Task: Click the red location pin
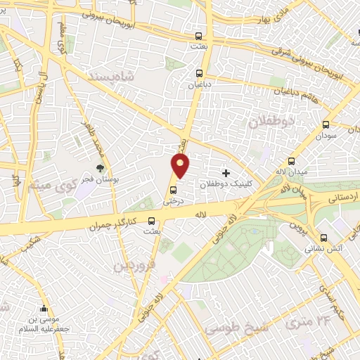point(181,165)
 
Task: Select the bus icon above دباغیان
point(199,72)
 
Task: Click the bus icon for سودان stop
point(325,124)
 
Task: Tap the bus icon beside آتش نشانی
point(323,238)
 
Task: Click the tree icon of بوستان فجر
point(100,168)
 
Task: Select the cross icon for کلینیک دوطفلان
point(226,172)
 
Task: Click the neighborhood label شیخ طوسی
point(237,327)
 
